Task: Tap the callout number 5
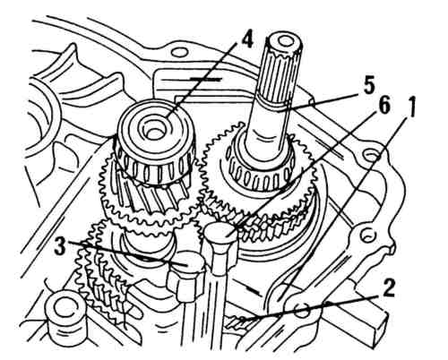point(368,85)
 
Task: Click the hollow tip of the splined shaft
point(283,42)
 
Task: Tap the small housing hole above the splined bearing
point(179,53)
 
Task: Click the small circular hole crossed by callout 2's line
point(302,311)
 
